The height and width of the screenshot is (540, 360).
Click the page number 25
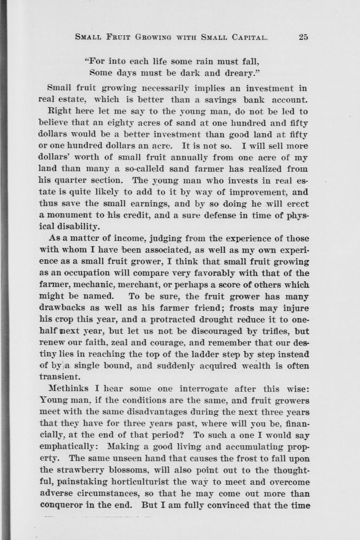pos(303,38)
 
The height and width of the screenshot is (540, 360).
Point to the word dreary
pos(231,73)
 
